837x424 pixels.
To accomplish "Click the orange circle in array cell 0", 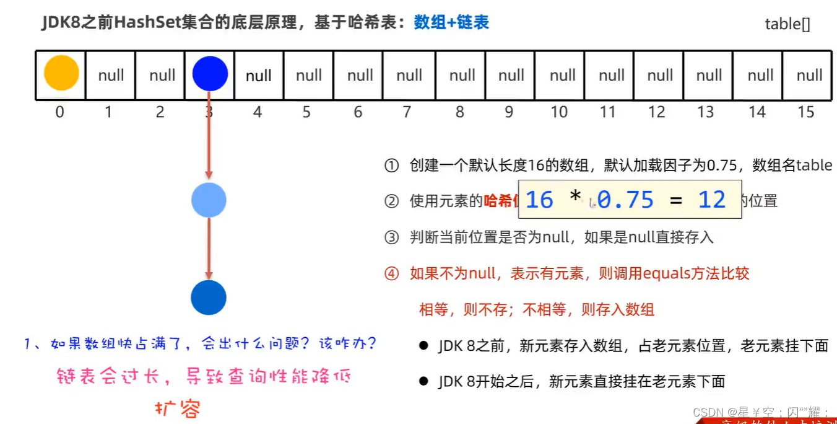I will [61, 73].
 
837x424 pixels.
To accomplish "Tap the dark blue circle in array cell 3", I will [210, 74].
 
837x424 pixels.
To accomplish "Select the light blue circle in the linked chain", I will [209, 200].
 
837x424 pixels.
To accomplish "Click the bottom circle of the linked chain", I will [209, 298].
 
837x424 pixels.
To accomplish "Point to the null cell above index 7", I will [409, 76].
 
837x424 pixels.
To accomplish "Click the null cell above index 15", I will [809, 76].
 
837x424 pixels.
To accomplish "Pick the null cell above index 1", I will [111, 76].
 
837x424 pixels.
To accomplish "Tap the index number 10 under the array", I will [559, 112].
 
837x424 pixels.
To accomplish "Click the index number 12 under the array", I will [657, 112].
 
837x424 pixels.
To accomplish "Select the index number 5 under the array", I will [306, 112].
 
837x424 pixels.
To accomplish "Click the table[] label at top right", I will [787, 24].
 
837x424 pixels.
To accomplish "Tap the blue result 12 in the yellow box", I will [711, 200].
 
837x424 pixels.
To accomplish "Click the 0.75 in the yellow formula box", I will [625, 200].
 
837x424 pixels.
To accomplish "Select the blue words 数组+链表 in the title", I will [451, 23].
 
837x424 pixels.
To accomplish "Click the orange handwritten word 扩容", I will [177, 409].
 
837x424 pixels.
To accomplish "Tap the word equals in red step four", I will [666, 273].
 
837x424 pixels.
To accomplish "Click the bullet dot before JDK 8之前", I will [424, 346].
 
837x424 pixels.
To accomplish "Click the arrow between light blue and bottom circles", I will [209, 248].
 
